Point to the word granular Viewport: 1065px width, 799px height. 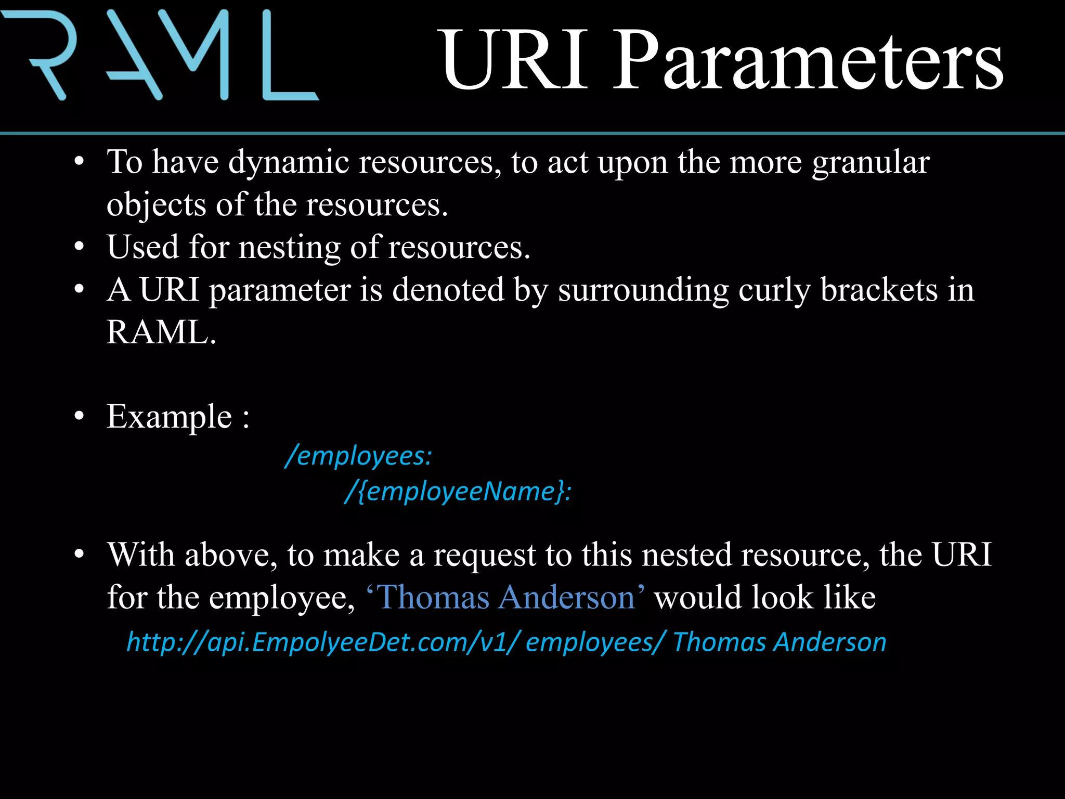coord(871,162)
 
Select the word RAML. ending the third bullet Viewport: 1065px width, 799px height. coord(161,332)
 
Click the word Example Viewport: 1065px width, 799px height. coord(169,417)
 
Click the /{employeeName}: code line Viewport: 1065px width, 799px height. coord(458,492)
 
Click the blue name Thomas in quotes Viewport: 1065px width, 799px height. coord(434,597)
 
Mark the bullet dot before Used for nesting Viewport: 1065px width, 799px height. coord(79,247)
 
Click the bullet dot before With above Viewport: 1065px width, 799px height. coord(79,555)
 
